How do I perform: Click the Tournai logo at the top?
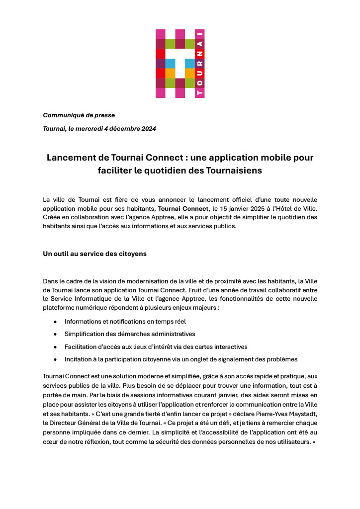tap(180, 64)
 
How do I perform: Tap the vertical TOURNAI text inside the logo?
tap(200, 64)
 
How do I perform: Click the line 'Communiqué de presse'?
tap(79, 115)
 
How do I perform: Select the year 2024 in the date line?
tap(148, 129)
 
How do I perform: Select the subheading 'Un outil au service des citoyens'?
tap(94, 254)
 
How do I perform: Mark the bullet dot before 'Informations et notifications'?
tap(55, 322)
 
